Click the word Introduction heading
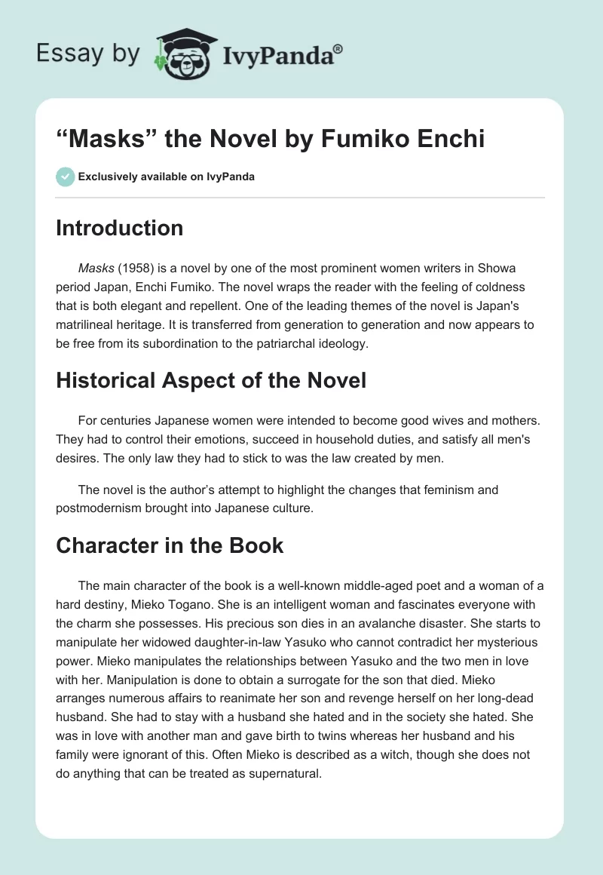(x=119, y=228)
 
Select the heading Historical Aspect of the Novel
(x=211, y=380)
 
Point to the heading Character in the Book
(x=170, y=545)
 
